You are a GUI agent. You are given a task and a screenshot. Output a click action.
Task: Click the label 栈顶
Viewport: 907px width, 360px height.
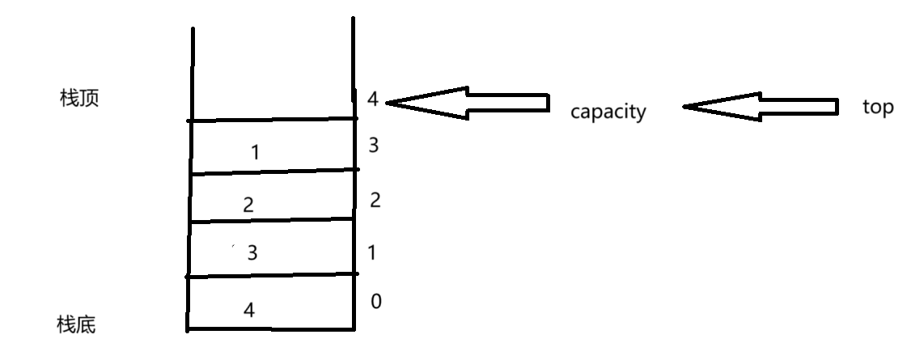click(x=79, y=100)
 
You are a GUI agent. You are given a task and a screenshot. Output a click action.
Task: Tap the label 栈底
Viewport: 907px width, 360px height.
click(x=77, y=325)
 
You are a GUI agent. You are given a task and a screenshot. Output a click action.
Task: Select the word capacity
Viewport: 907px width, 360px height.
click(x=608, y=112)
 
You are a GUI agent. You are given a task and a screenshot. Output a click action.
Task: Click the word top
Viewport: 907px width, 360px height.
click(x=878, y=108)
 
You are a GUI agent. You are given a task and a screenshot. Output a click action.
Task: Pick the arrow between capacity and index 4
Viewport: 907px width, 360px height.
click(x=468, y=103)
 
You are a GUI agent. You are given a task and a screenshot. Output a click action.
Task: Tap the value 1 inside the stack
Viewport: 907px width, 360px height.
click(x=256, y=152)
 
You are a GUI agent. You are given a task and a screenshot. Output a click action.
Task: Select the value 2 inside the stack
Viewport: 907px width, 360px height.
click(x=248, y=205)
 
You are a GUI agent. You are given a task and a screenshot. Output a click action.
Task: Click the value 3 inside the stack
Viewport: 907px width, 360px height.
click(x=252, y=253)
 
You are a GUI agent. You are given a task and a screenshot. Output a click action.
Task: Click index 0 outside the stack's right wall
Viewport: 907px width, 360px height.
click(x=375, y=302)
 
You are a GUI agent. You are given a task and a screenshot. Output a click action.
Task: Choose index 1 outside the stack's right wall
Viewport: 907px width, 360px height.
click(x=372, y=252)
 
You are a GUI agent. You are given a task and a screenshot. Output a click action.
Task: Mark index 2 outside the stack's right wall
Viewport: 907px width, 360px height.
click(x=375, y=201)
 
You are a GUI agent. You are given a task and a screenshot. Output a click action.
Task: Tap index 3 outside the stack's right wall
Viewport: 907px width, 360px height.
click(x=374, y=146)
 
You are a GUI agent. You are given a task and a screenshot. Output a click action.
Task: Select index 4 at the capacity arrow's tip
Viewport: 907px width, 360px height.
click(x=372, y=100)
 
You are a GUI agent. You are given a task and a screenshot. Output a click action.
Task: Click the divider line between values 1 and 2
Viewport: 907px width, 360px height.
click(x=273, y=172)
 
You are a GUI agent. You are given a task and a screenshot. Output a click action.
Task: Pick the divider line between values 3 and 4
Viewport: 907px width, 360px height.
click(x=271, y=276)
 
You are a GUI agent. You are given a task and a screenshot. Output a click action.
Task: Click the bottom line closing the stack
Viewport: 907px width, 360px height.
click(x=271, y=329)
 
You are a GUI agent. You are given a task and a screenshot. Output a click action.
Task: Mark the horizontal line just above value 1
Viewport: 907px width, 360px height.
click(x=273, y=121)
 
